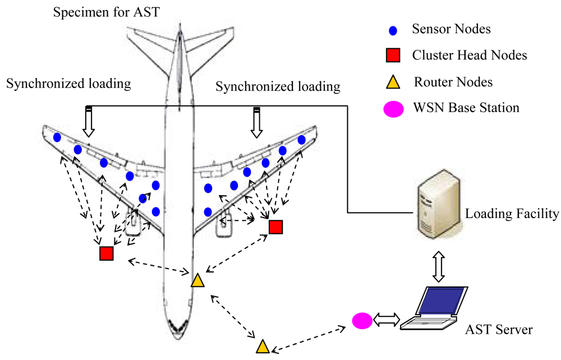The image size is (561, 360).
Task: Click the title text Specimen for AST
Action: pyautogui.click(x=107, y=12)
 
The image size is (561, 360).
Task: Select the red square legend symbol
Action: pyautogui.click(x=392, y=55)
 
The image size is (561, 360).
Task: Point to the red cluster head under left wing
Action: pyautogui.click(x=107, y=253)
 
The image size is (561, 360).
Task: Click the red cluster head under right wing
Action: pyautogui.click(x=275, y=227)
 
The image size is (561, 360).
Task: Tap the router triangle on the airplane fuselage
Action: pyautogui.click(x=197, y=281)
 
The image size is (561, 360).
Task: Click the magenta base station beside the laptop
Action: pyautogui.click(x=362, y=321)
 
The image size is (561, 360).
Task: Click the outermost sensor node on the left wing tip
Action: pyautogui.click(x=57, y=137)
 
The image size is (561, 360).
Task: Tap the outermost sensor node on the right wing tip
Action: pyautogui.click(x=302, y=140)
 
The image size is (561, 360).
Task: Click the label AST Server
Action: pyautogui.click(x=499, y=330)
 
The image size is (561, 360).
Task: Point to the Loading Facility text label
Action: pyautogui.click(x=512, y=213)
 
